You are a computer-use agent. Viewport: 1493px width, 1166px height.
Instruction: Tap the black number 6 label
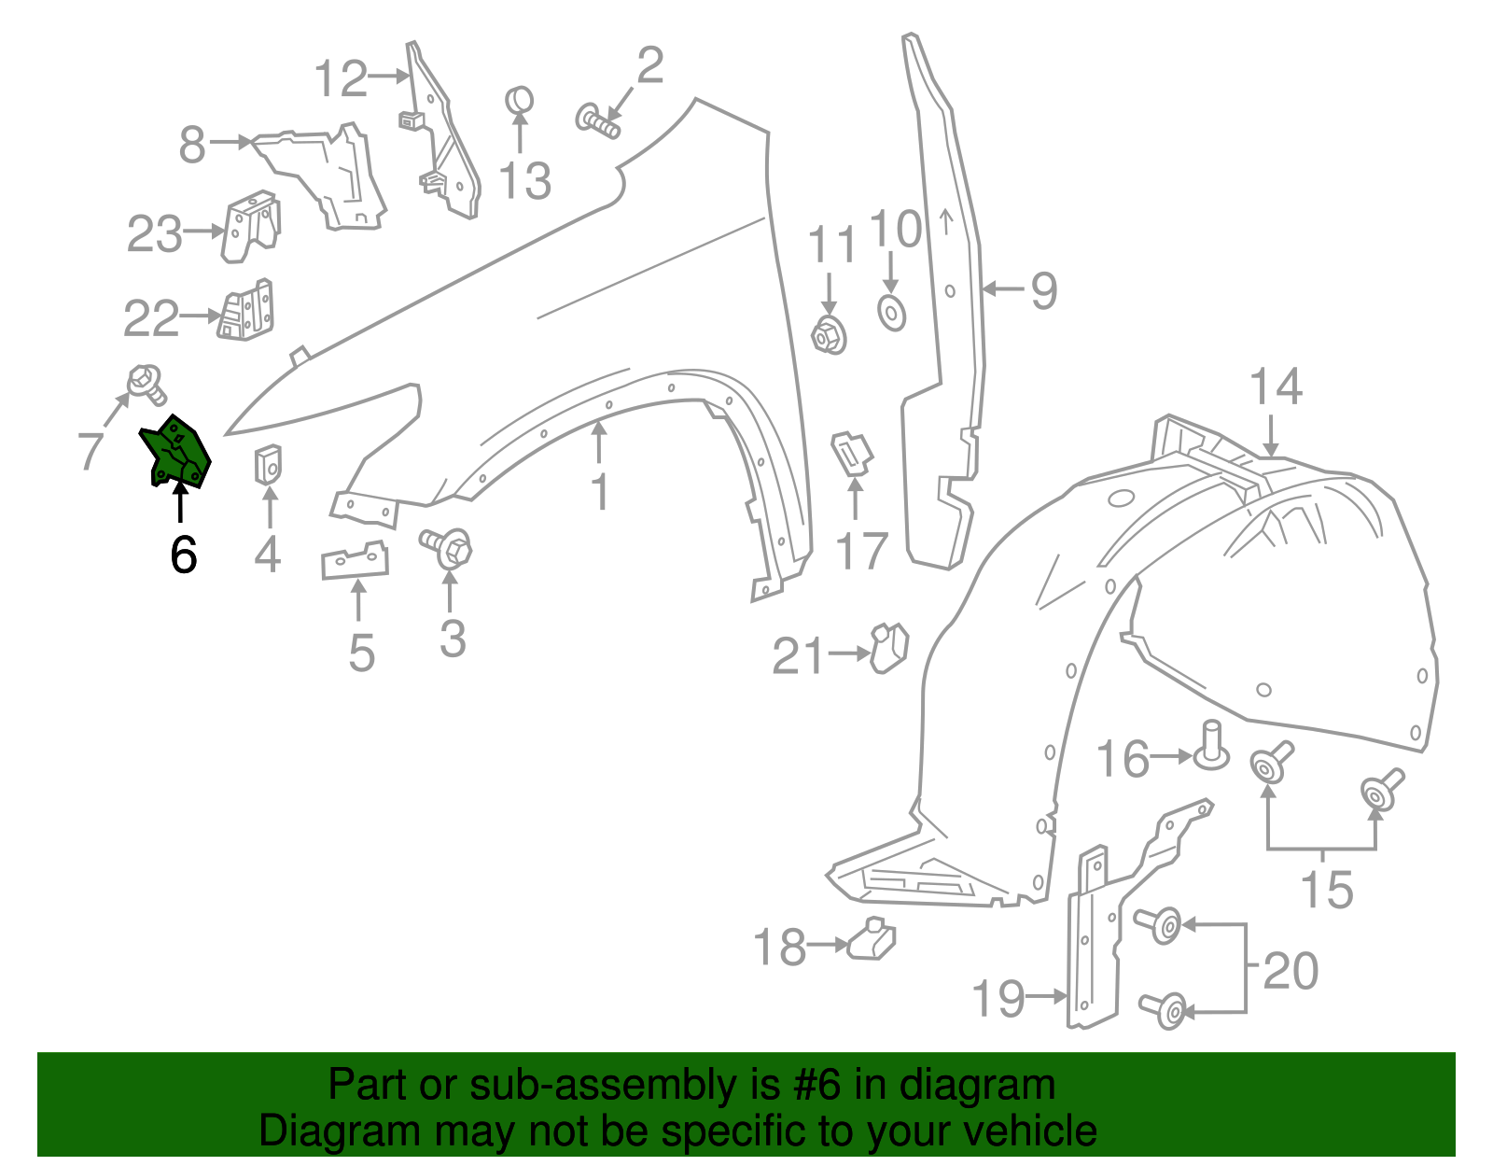pyautogui.click(x=184, y=555)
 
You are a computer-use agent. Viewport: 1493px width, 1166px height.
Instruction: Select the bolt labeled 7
pyautogui.click(x=145, y=382)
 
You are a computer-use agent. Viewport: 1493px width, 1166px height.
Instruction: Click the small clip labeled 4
pyautogui.click(x=269, y=463)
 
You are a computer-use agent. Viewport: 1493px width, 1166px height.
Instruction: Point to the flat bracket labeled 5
pyautogui.click(x=355, y=561)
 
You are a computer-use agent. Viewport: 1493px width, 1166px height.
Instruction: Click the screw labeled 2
pyautogui.click(x=598, y=121)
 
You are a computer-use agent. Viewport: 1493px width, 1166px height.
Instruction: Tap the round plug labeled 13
pyautogui.click(x=520, y=99)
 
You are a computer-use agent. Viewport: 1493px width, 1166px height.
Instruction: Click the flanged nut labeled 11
pyautogui.click(x=828, y=335)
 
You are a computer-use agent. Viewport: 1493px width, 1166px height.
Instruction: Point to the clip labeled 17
pyautogui.click(x=851, y=453)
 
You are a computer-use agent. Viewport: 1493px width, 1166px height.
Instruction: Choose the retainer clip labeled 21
pyautogui.click(x=889, y=648)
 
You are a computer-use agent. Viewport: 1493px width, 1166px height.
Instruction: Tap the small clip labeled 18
pyautogui.click(x=872, y=940)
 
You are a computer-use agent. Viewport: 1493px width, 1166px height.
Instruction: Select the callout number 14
pyautogui.click(x=1276, y=386)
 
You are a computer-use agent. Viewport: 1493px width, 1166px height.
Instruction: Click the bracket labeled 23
pyautogui.click(x=250, y=226)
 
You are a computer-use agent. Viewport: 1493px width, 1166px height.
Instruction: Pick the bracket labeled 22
pyautogui.click(x=247, y=311)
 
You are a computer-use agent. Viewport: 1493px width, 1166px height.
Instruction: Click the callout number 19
pyautogui.click(x=998, y=999)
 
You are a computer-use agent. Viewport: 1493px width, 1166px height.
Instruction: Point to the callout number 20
pyautogui.click(x=1291, y=971)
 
